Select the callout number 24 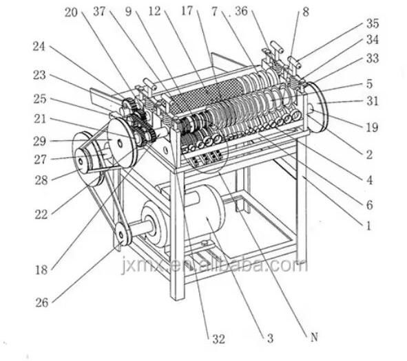[x=39, y=47]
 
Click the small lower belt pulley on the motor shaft [x=123, y=235]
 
